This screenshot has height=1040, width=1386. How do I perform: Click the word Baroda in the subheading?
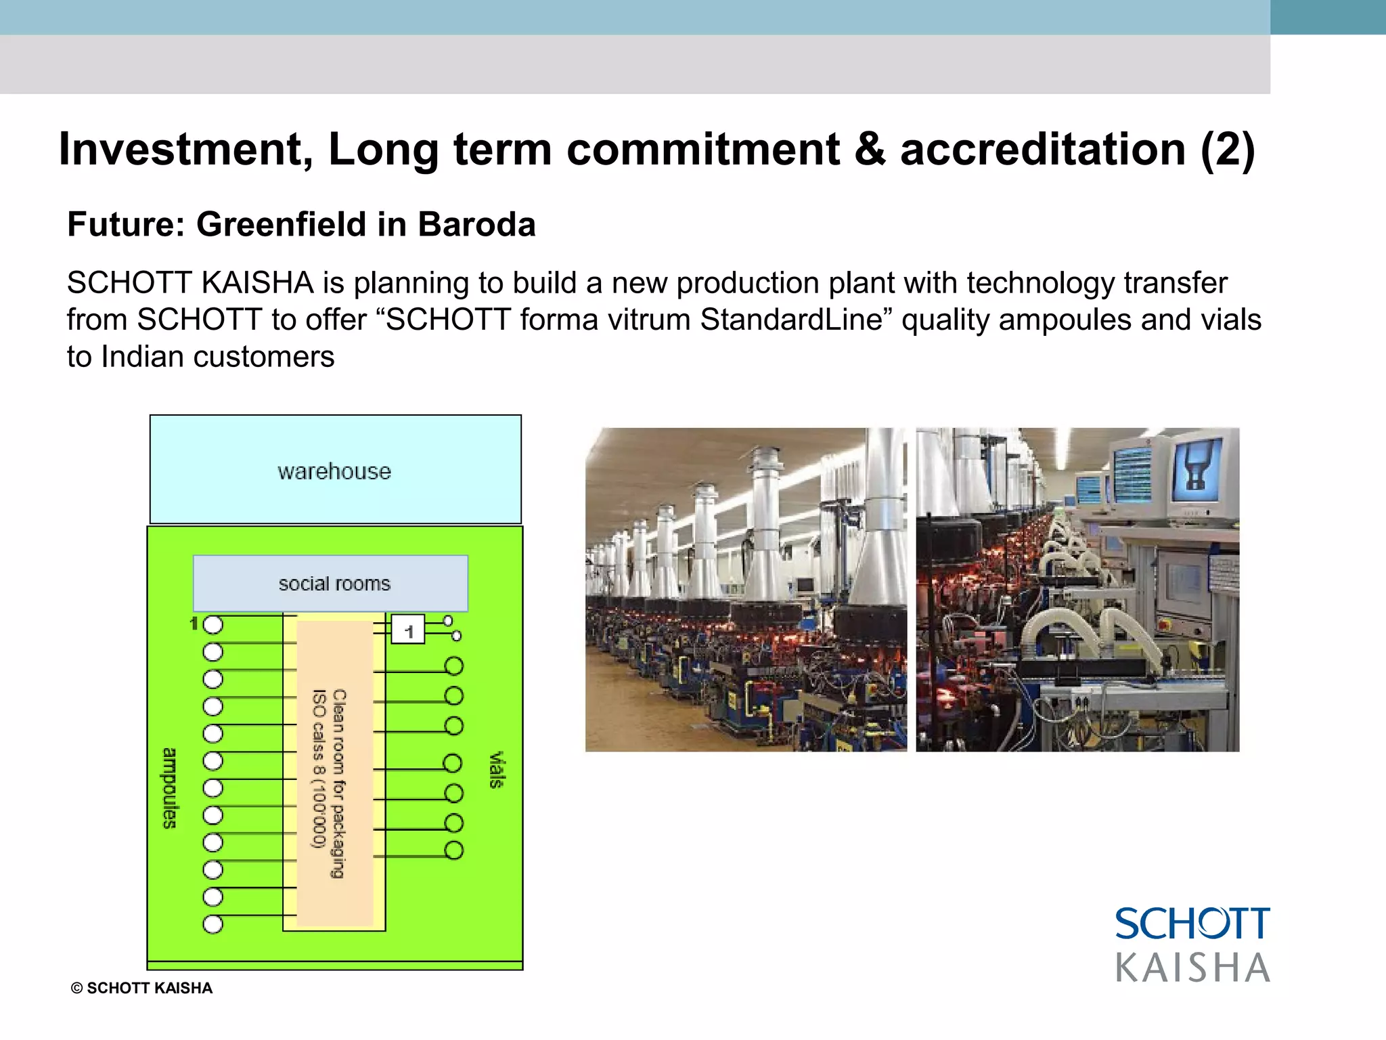pos(476,225)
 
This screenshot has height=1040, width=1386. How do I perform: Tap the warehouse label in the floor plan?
pos(334,471)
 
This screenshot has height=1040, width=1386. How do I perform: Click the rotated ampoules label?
pos(170,788)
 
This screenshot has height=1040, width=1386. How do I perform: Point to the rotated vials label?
pos(496,770)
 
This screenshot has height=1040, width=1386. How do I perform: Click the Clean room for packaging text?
pos(338,783)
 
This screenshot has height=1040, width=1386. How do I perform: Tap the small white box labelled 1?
pos(408,630)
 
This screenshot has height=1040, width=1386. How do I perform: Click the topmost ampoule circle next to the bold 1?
pos(213,625)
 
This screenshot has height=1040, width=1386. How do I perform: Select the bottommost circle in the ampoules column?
pos(213,924)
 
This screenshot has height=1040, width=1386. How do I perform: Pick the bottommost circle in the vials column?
pos(454,850)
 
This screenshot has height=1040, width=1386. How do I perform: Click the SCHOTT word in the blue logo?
pos(1192,924)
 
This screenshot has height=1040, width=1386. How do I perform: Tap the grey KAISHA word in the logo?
pos(1192,968)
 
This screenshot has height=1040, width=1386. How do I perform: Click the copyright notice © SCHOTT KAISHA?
pos(142,988)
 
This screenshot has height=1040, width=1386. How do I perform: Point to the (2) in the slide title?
pos(1228,149)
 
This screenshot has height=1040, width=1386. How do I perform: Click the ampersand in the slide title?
pos(870,149)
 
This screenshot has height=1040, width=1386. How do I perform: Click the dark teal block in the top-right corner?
pos(1328,17)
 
